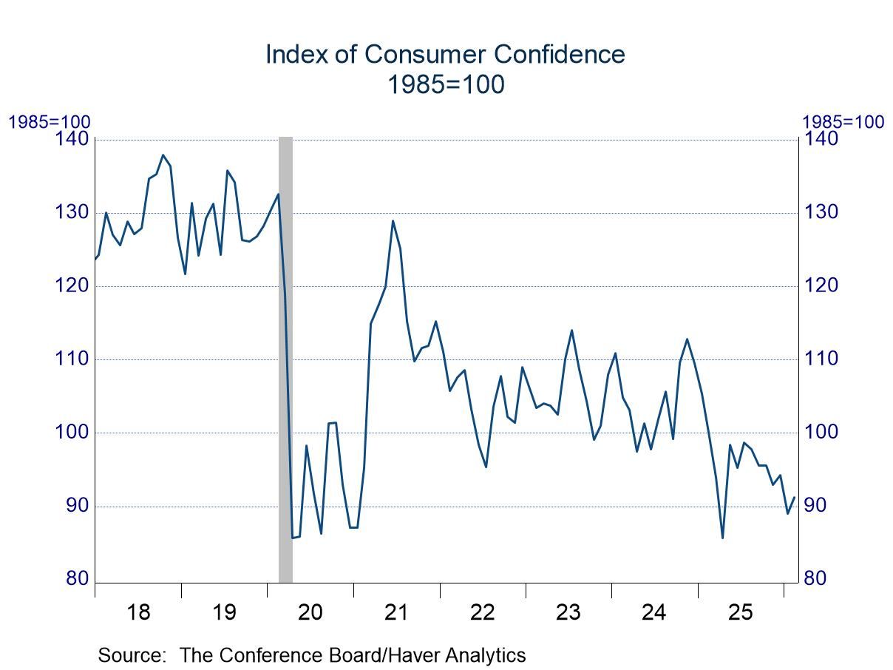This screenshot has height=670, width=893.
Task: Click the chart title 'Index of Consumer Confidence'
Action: point(445,55)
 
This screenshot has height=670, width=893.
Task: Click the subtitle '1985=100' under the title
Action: point(446,85)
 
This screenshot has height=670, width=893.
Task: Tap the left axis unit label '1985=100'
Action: point(49,122)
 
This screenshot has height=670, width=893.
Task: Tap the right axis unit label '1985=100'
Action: point(843,122)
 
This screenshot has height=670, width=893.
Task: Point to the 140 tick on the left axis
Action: point(72,139)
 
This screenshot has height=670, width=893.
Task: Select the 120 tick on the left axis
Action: point(72,285)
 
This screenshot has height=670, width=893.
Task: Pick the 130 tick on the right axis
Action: point(821,212)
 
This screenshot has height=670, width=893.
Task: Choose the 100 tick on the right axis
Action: point(821,432)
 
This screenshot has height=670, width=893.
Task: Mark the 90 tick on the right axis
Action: point(817,506)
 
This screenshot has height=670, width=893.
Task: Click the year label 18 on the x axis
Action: point(138,612)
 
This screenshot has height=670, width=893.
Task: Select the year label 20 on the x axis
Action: point(310,612)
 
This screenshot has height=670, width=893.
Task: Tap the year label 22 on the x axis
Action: point(483,612)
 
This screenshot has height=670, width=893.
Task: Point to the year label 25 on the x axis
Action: point(741,612)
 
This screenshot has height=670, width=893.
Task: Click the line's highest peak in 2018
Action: point(163,155)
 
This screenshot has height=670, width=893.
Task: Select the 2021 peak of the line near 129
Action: point(393,220)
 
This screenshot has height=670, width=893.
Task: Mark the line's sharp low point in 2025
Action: point(722,538)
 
